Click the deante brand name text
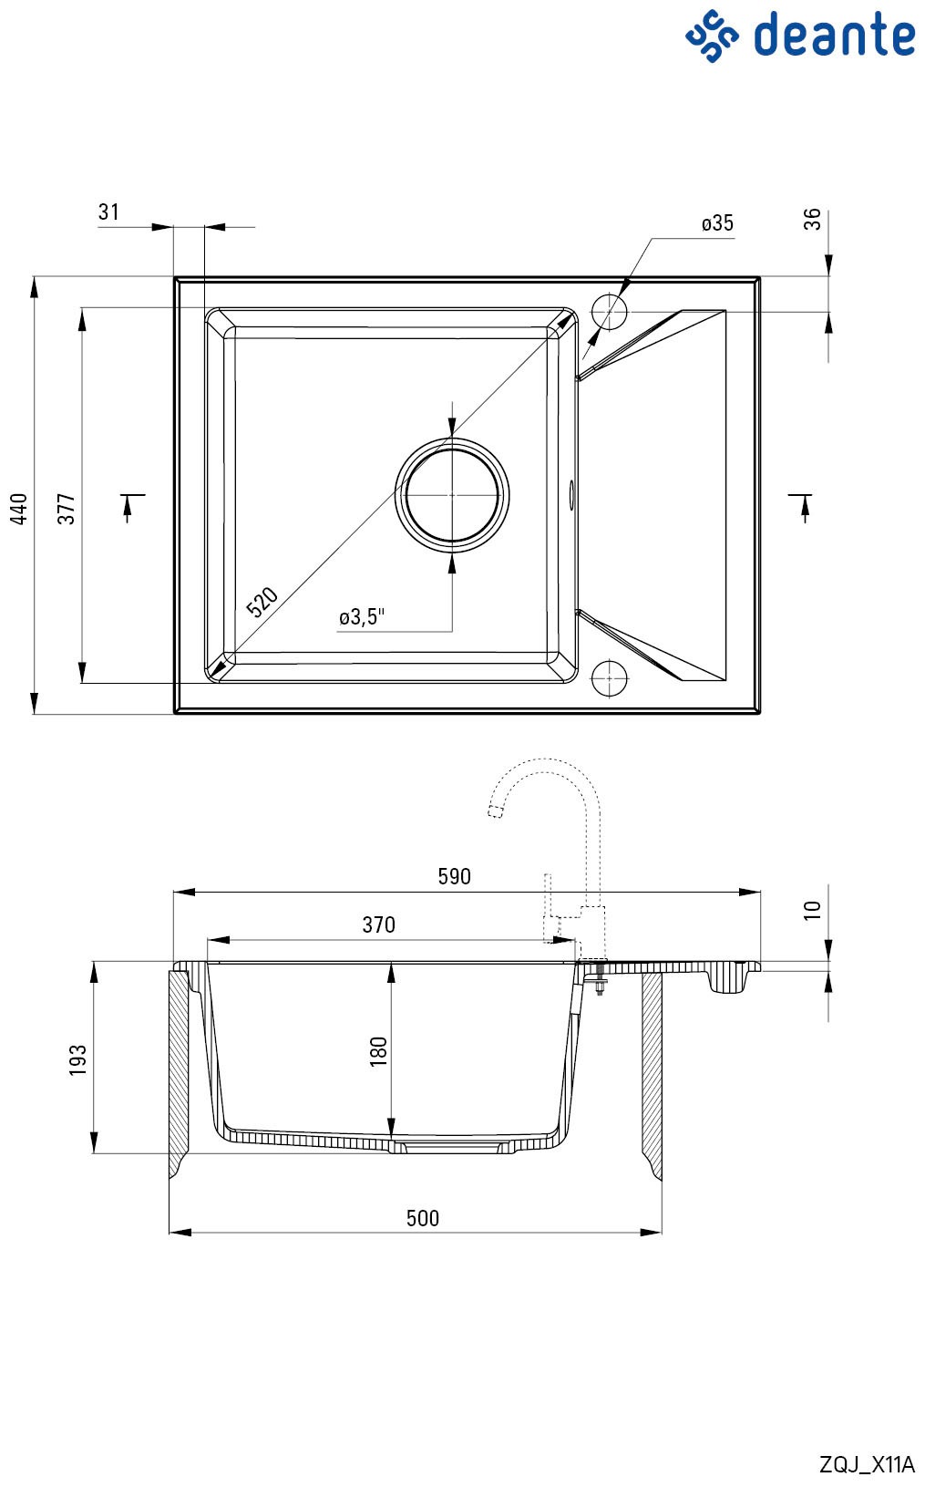[834, 34]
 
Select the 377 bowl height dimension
[67, 509]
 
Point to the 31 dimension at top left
[108, 212]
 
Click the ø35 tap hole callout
[717, 223]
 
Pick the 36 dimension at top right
[812, 220]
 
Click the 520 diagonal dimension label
[262, 602]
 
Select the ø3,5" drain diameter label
[362, 616]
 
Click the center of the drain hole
[452, 494]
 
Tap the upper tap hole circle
[609, 311]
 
